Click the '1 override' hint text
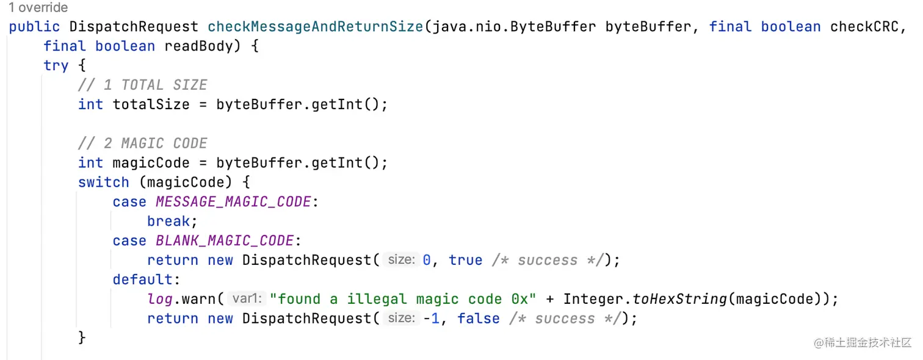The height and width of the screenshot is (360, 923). pos(38,8)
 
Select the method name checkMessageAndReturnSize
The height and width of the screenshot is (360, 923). pos(315,27)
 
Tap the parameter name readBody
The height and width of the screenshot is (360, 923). pos(199,46)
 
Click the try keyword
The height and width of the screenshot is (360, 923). pos(56,66)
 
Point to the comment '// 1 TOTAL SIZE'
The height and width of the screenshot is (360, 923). pos(143,85)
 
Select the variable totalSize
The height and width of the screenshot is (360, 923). pos(151,104)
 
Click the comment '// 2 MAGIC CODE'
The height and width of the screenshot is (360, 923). pos(143,143)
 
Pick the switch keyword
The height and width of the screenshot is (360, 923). pos(103,182)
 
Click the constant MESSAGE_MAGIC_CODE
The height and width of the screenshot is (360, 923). pos(233,202)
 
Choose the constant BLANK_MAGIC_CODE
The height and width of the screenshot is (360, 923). pos(225,241)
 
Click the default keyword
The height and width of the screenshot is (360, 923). pos(142,279)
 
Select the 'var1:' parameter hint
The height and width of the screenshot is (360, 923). pos(247,299)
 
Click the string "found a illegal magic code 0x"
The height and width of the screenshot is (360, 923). pos(403,299)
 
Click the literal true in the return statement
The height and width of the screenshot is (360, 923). pos(465,261)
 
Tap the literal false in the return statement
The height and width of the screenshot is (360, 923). pos(478,319)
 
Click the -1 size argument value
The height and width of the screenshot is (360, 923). pos(431,319)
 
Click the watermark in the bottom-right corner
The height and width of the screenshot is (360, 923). pos(862,342)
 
